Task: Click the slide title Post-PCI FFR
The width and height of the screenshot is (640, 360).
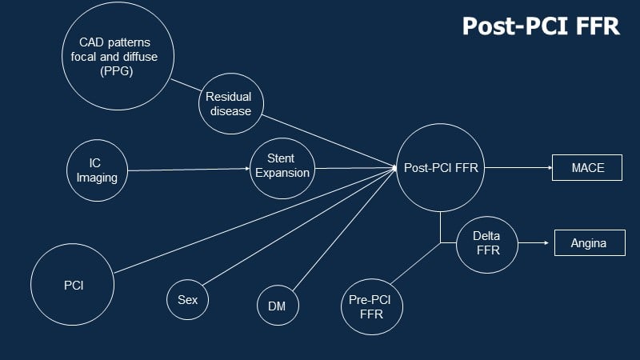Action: [x=541, y=26]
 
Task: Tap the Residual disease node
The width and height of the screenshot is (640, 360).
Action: [x=230, y=104]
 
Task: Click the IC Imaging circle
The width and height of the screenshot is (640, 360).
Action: [x=97, y=170]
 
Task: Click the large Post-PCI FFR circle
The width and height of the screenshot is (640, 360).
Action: [x=441, y=168]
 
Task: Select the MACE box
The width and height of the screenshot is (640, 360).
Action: [x=587, y=168]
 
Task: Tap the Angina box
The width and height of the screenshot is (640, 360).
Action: [x=590, y=243]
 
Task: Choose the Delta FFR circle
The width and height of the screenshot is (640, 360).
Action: [x=487, y=244]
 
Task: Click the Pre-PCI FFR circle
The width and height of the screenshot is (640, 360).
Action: [x=371, y=306]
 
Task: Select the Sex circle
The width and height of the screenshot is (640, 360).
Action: [x=187, y=300]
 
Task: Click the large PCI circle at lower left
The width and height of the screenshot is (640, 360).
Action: [x=74, y=285]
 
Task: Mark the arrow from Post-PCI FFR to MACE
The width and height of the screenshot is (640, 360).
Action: [x=518, y=168]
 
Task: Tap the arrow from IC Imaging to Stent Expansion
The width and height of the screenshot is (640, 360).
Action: [x=188, y=170]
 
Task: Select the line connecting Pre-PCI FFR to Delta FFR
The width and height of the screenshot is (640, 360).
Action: [x=416, y=263]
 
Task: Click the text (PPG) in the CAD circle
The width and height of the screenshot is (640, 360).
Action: [x=118, y=71]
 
